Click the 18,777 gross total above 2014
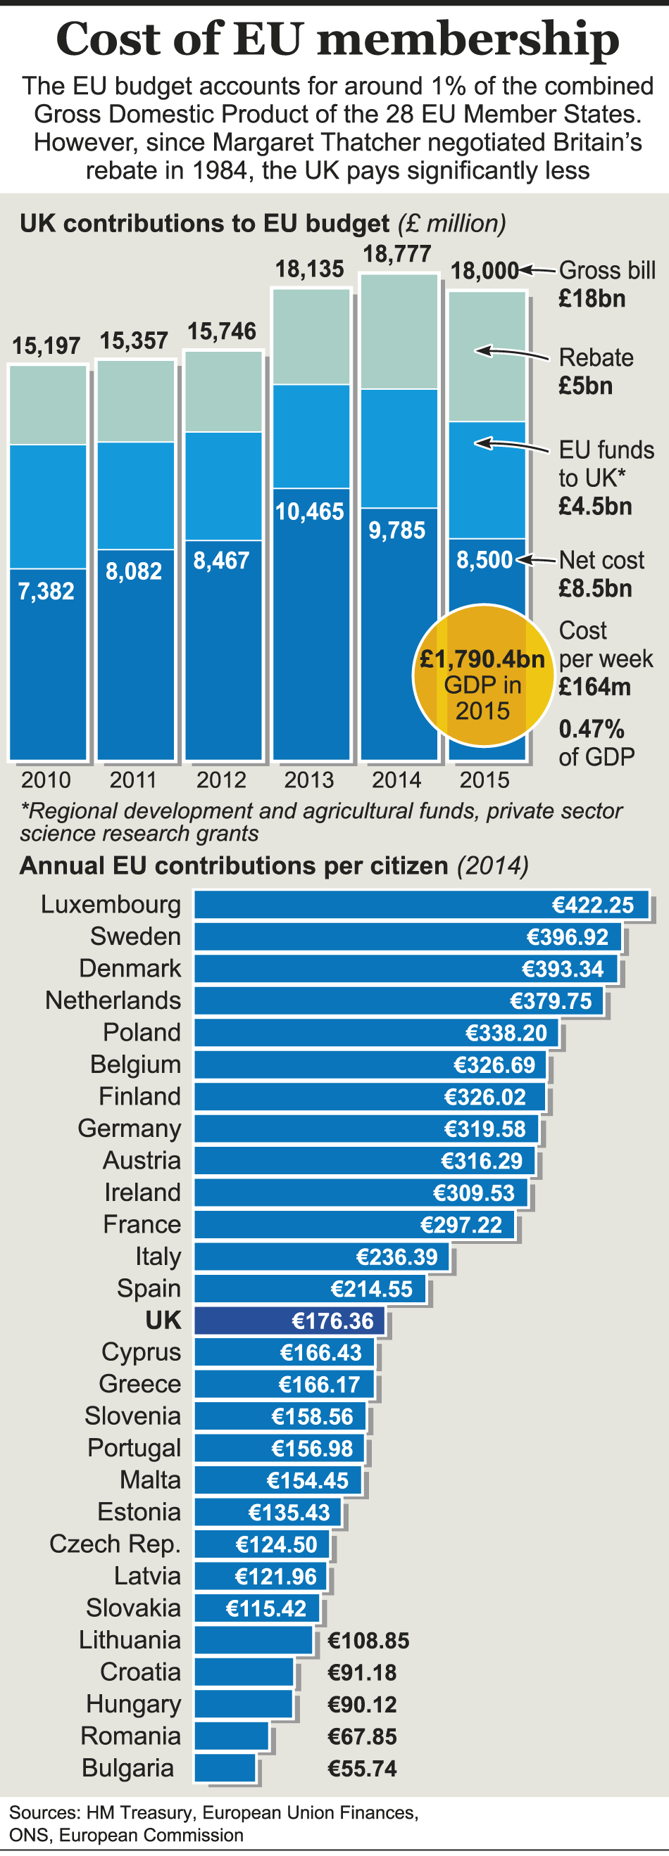(x=397, y=254)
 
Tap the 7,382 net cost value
(x=46, y=592)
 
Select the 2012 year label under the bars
(x=221, y=780)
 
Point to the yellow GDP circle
(x=482, y=676)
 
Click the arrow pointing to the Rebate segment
(x=512, y=352)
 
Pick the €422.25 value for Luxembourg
(x=592, y=905)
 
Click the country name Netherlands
(x=113, y=1000)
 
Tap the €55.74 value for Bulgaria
(x=362, y=1768)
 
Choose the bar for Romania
(x=232, y=1736)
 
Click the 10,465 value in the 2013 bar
(x=309, y=512)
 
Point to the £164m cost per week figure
(x=595, y=687)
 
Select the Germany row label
(x=129, y=1129)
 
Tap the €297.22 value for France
(x=461, y=1225)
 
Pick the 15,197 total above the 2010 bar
(x=46, y=346)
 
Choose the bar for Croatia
(x=244, y=1672)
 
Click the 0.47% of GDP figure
(x=592, y=729)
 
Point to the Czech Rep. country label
(x=115, y=1544)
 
